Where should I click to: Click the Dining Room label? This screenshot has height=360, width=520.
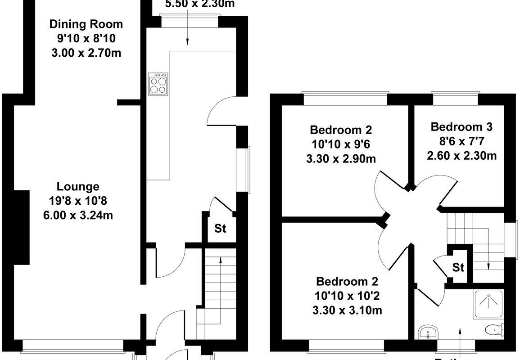(x=86, y=24)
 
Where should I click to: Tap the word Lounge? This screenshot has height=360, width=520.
(x=78, y=186)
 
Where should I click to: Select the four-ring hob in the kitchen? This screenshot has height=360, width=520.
(x=158, y=84)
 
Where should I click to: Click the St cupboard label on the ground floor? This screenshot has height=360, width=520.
(x=220, y=229)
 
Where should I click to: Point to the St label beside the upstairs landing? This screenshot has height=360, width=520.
(x=458, y=268)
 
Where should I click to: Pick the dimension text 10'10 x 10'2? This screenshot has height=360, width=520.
(x=347, y=296)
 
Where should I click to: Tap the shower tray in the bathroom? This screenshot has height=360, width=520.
(x=488, y=304)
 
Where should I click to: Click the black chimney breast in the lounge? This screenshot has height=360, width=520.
(x=21, y=227)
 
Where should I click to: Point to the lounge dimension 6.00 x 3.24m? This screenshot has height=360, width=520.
(x=78, y=216)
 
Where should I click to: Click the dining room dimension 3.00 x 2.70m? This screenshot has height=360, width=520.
(x=86, y=53)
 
